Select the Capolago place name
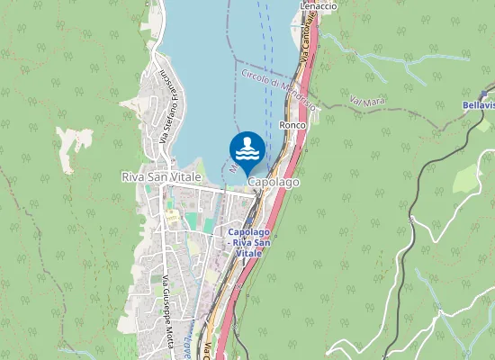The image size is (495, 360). coord(273,182)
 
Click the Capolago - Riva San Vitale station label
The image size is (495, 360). coord(247,243)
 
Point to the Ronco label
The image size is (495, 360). coord(292,124)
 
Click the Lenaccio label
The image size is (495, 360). coord(318,5)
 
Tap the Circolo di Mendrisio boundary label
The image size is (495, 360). coord(279,90)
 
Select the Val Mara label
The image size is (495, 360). coord(367,101)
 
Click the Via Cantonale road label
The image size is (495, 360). coord(310,46)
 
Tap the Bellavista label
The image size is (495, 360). coord(478,105)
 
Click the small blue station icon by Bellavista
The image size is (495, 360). coord(483,94)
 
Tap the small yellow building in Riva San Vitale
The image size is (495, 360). coord(172,219)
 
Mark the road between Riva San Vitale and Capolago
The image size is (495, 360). coord(220,191)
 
